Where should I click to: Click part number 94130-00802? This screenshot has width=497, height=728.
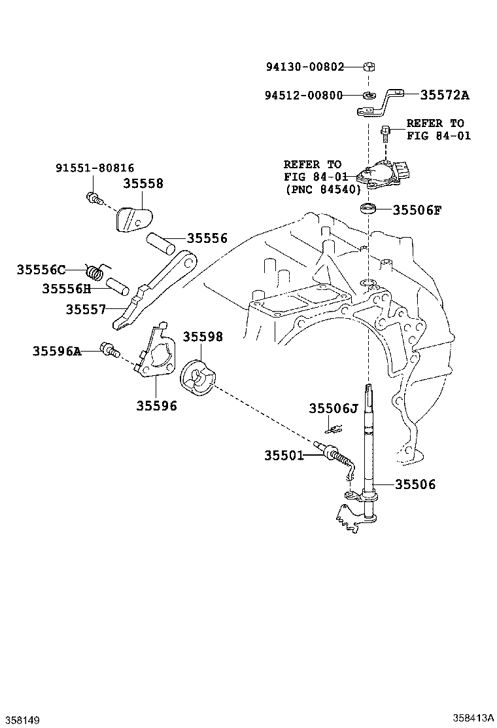pos(305,67)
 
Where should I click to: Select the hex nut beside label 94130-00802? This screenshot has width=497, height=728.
pos(369,67)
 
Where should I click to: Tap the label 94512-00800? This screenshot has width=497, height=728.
pos(303,95)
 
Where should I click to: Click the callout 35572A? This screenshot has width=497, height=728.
pos(445,95)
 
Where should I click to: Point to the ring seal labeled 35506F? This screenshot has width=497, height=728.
pos(369,208)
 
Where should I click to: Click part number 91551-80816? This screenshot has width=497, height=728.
pos(95,168)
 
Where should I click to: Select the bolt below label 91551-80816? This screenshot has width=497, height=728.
pos(92,198)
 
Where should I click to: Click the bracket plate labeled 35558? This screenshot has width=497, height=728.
pos(133,219)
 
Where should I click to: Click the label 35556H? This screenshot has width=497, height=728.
pos(67,289)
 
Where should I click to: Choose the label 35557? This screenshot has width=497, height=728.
pos(86,309)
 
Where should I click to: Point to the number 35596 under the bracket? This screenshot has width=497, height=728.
pos(156,406)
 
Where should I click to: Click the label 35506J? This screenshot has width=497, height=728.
pos(334,408)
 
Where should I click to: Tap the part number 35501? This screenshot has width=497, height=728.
pos(284,456)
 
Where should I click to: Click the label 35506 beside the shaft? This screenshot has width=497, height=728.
pos(415,484)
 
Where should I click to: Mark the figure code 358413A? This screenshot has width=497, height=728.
pos(473,718)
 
